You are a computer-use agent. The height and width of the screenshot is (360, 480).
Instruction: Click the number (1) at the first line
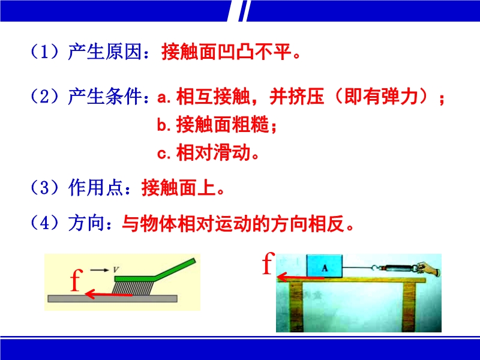[x=44, y=52]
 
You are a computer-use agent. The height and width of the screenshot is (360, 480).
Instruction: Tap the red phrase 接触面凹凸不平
[x=227, y=52]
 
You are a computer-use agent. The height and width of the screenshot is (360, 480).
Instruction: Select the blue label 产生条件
[x=104, y=97]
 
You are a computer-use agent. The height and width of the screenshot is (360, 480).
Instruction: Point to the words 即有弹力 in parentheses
[x=381, y=97]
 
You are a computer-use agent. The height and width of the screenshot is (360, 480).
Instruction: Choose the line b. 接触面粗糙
[x=217, y=125]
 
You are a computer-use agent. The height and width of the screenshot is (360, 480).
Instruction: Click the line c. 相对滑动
[x=208, y=152]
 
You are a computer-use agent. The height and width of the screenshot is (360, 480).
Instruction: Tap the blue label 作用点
[x=95, y=187]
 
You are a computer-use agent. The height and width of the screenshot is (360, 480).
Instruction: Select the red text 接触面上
[x=178, y=187]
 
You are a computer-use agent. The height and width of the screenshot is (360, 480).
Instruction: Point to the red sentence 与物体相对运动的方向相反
[x=233, y=223]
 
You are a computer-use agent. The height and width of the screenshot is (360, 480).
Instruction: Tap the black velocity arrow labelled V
[x=100, y=270]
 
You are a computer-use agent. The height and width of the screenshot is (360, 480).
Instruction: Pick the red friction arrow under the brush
[x=109, y=295]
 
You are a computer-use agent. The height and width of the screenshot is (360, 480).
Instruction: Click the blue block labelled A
[x=325, y=266]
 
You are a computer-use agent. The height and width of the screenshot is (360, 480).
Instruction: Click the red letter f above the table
[x=268, y=263]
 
